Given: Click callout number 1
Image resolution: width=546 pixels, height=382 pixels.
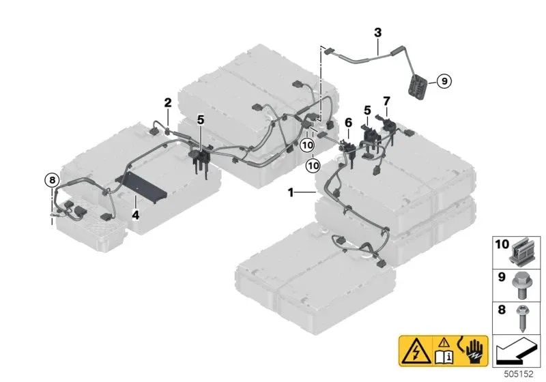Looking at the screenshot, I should tap(291, 193).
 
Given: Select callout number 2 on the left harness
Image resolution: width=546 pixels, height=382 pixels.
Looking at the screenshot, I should tap(167, 103).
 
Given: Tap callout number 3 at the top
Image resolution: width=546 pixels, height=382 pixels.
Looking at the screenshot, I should tap(377, 32).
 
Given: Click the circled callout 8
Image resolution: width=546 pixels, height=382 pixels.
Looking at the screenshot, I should tap(51, 180).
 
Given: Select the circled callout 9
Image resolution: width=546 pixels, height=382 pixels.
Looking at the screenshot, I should tap(442, 81).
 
